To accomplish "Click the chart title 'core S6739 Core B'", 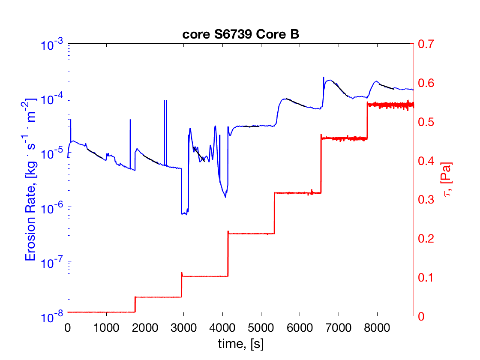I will [240, 35].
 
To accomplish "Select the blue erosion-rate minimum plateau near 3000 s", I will [185, 213].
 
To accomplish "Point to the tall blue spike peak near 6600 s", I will [324, 78].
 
